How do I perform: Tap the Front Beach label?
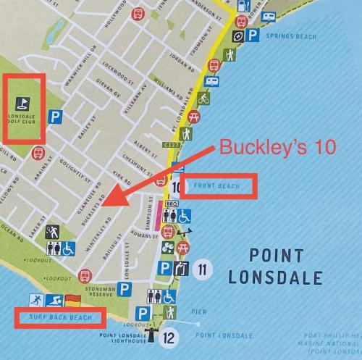(216, 186)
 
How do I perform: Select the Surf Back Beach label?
(61, 317)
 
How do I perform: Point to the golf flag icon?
(24, 103)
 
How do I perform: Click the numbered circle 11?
(203, 270)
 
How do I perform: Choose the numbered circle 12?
(169, 337)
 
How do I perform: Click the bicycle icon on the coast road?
(203, 97)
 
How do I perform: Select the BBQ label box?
(172, 204)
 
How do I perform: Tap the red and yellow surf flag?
(72, 300)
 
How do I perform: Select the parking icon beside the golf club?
(54, 116)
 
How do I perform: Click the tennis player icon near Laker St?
(52, 232)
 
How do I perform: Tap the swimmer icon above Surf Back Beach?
(54, 300)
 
